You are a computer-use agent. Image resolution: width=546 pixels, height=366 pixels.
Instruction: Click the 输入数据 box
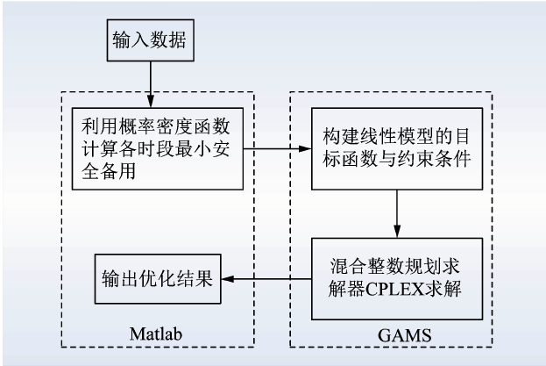[149, 40]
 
